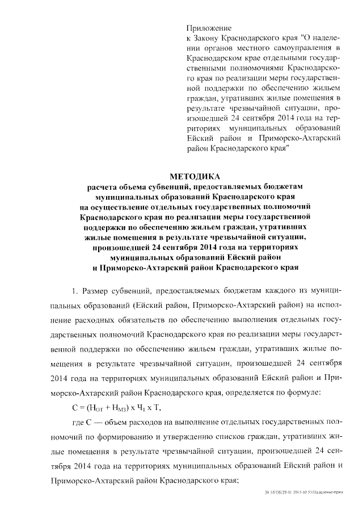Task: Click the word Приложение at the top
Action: [x=209, y=28]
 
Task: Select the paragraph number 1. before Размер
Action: [x=73, y=291]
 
